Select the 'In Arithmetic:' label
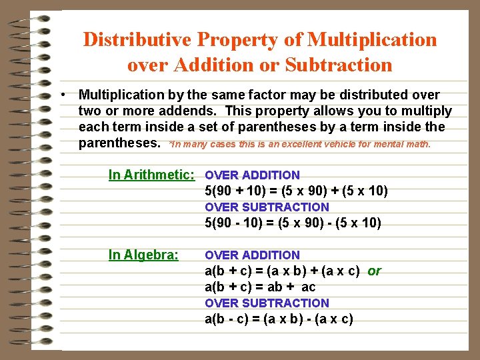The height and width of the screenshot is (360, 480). pyautogui.click(x=151, y=175)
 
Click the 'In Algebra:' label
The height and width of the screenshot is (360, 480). pyautogui.click(x=143, y=255)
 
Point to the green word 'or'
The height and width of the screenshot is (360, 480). pyautogui.click(x=375, y=271)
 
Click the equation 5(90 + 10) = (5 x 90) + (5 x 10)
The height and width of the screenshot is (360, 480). pyautogui.click(x=296, y=191)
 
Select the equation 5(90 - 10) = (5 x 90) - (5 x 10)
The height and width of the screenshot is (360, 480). pyautogui.click(x=293, y=223)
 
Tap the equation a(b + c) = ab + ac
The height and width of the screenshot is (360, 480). pyautogui.click(x=260, y=287)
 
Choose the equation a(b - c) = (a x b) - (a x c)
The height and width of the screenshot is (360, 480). pyautogui.click(x=279, y=319)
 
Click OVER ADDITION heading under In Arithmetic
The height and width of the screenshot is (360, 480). pyautogui.click(x=252, y=175)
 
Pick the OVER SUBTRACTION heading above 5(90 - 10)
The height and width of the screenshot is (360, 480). pyautogui.click(x=267, y=207)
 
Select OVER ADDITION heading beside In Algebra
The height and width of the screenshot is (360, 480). pyautogui.click(x=252, y=255)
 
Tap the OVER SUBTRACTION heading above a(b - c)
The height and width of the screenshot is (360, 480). pyautogui.click(x=267, y=303)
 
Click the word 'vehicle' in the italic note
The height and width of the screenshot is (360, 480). pyautogui.click(x=349, y=144)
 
